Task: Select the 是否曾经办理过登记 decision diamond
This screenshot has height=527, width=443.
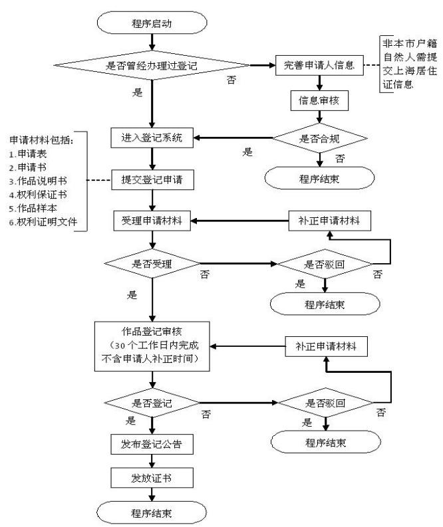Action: (152, 66)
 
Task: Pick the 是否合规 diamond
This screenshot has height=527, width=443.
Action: (319, 138)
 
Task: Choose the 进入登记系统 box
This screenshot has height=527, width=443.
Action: (152, 138)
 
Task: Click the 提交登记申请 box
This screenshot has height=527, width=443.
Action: (152, 181)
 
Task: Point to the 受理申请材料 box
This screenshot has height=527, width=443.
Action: (152, 220)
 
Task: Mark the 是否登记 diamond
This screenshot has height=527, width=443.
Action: (152, 403)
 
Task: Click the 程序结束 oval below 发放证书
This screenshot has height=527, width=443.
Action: (152, 512)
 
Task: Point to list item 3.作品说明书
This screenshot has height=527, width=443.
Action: (37, 181)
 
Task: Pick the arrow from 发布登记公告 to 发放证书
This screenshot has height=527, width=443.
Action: (152, 460)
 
